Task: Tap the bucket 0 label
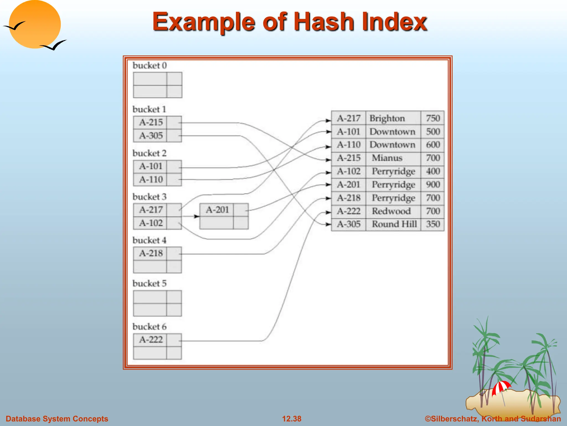(150, 65)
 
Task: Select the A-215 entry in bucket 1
(151, 122)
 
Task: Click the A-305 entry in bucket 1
(151, 136)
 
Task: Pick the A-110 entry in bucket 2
(151, 179)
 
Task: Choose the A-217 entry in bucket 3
(151, 210)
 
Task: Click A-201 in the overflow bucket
(217, 210)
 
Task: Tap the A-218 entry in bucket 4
(151, 253)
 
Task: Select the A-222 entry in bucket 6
(151, 339)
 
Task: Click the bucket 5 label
(150, 283)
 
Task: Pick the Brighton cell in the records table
(387, 118)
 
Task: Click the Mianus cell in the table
(387, 158)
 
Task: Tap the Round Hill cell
(394, 224)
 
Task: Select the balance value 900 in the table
(433, 184)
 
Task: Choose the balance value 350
(433, 224)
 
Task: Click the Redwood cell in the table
(391, 211)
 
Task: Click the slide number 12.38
(292, 419)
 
